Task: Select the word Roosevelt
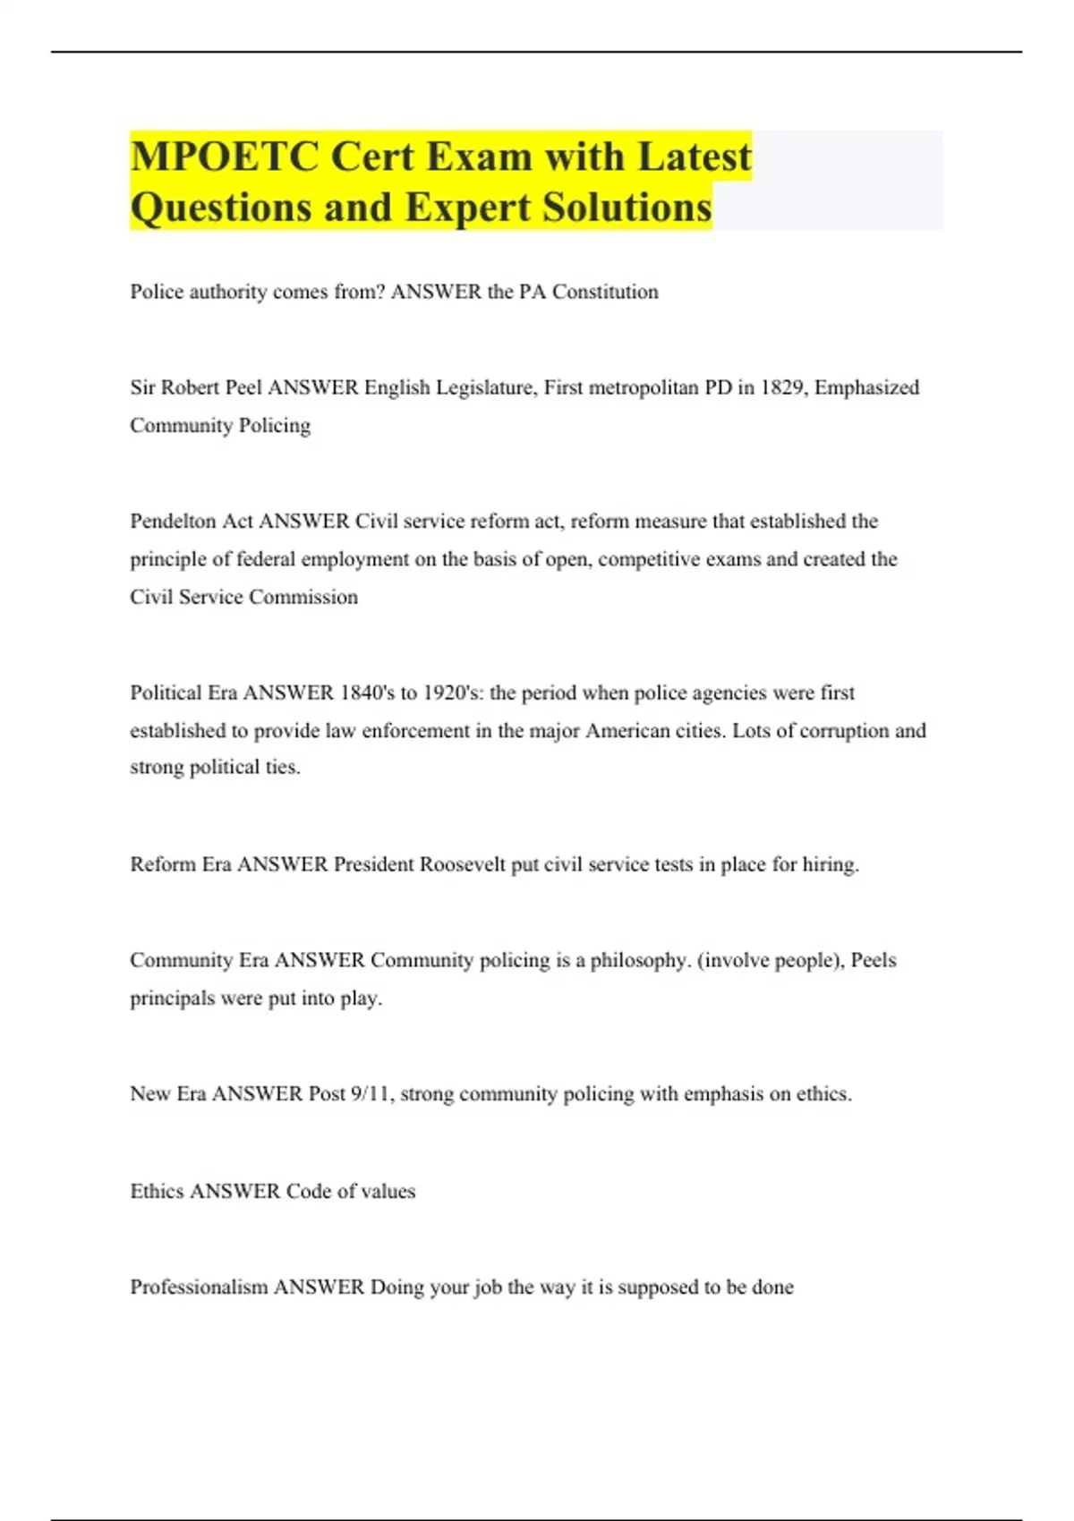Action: tap(463, 864)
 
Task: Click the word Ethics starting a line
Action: tap(157, 1191)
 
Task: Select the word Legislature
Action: tap(486, 387)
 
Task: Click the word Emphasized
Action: tap(866, 387)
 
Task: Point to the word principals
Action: tap(172, 998)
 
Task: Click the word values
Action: tap(388, 1191)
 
